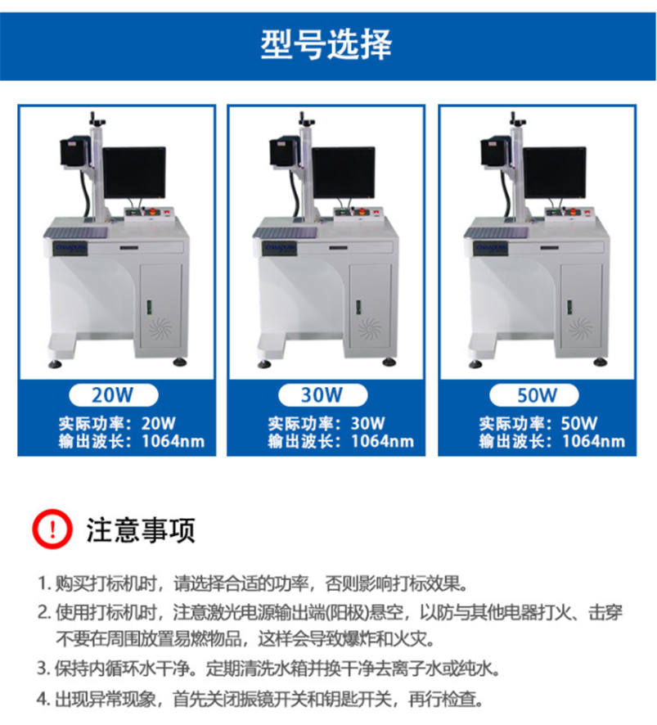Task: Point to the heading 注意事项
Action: click(141, 529)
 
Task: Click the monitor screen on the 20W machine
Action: click(134, 173)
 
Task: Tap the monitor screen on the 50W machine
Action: click(554, 173)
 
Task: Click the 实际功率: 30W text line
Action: click(326, 424)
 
